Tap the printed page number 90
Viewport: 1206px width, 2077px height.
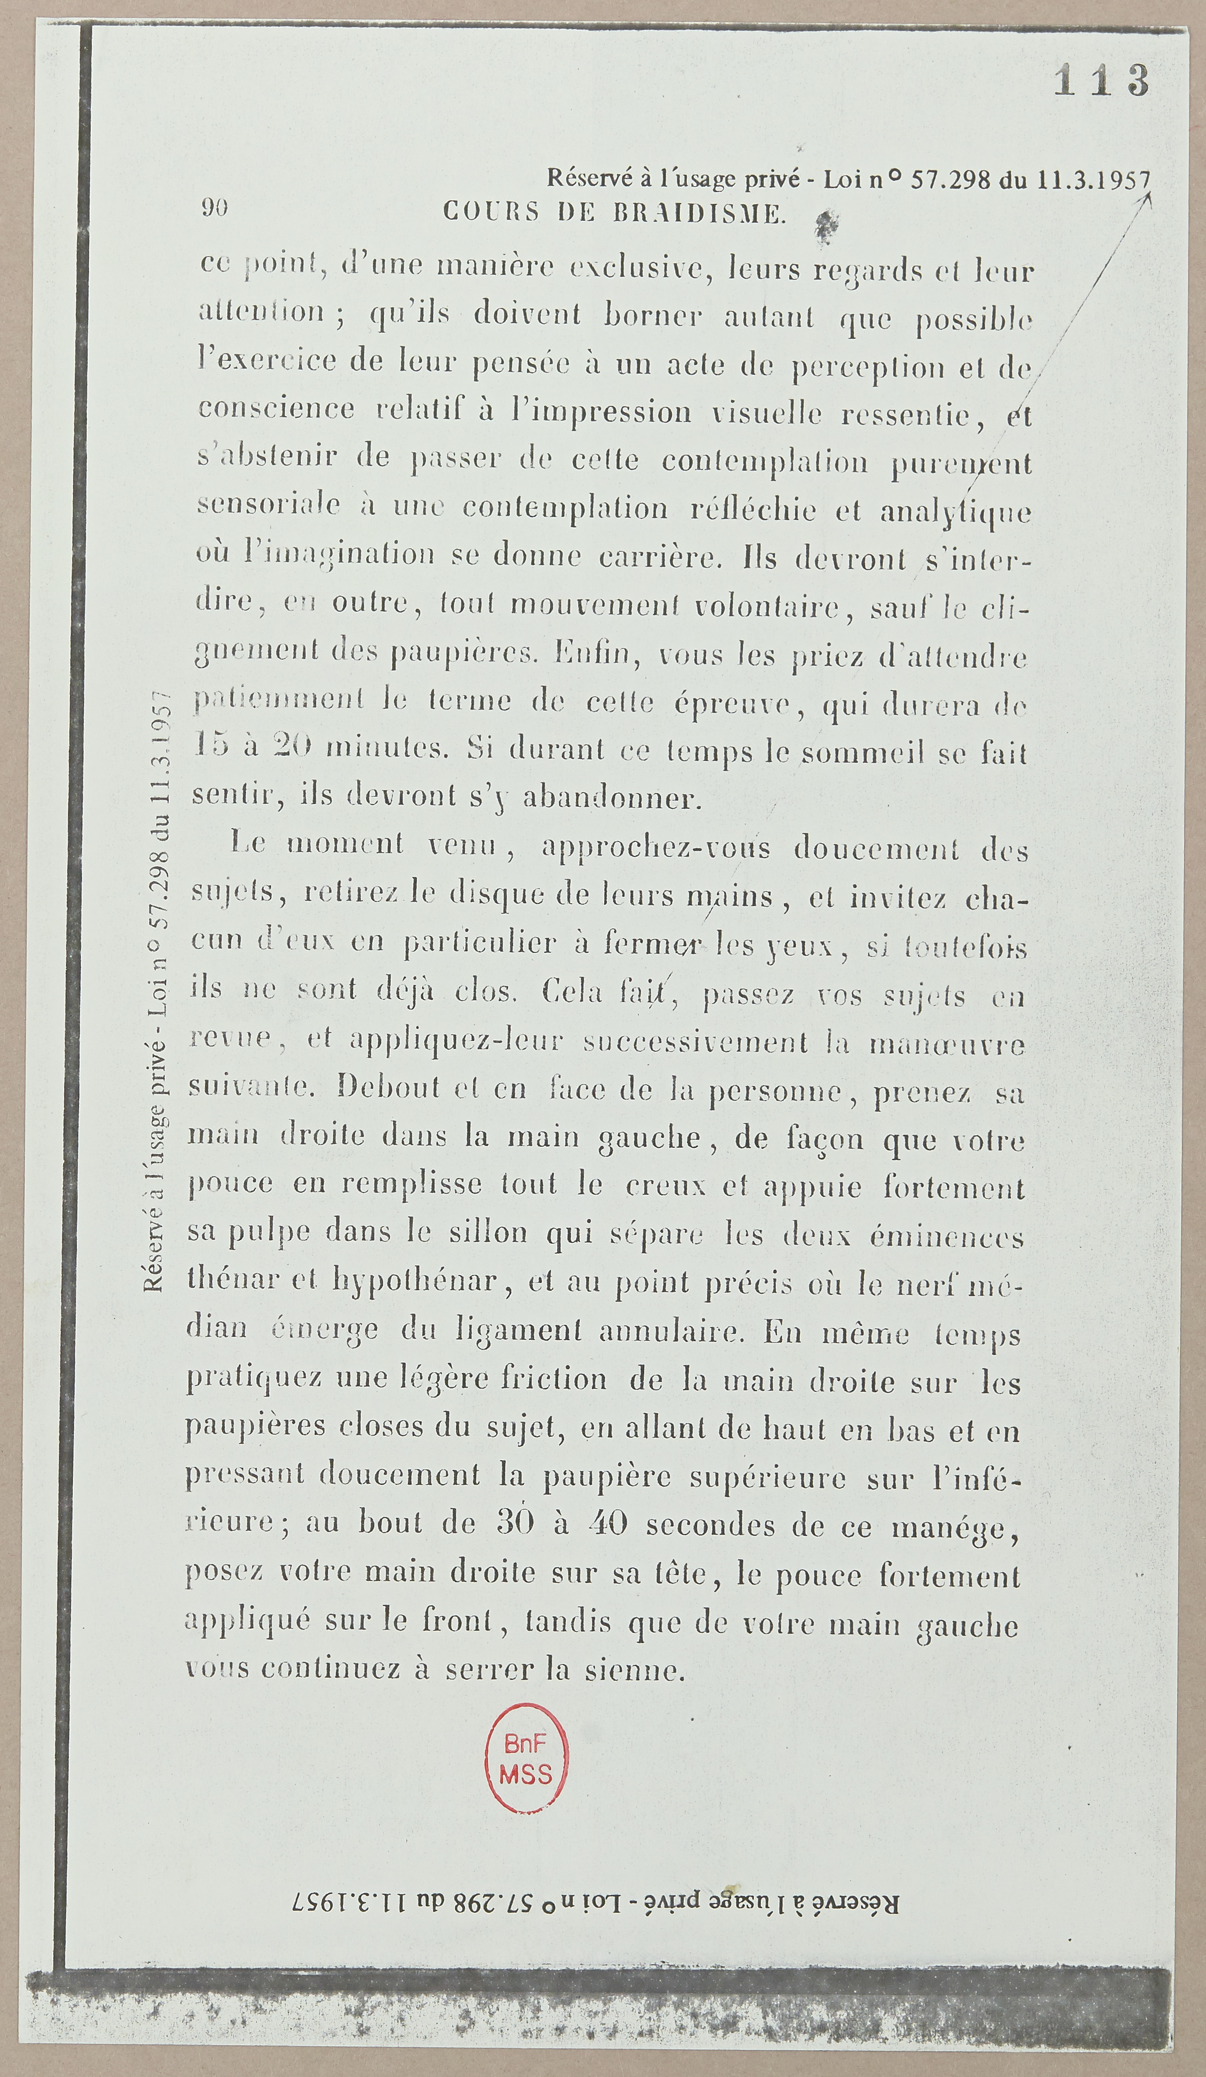[x=214, y=209]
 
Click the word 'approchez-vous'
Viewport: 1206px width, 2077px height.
[x=656, y=848]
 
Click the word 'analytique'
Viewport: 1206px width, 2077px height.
[x=956, y=512]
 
